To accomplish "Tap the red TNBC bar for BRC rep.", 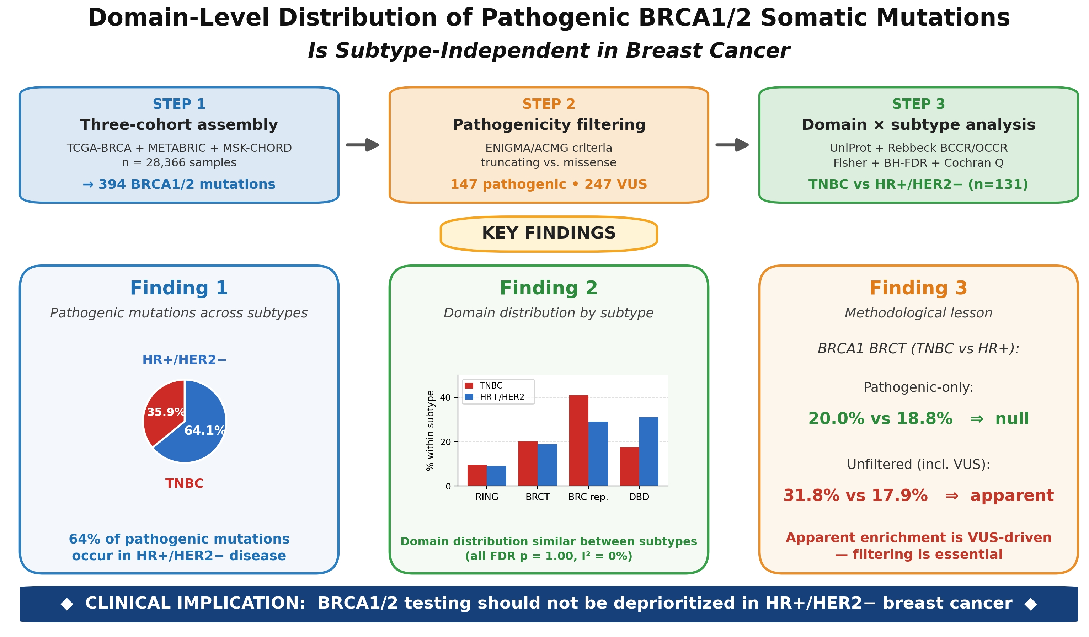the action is (579, 440).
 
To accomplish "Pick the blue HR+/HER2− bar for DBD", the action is (648, 451).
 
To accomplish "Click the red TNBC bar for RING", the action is (477, 475).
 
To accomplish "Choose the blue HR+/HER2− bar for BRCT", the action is (547, 465).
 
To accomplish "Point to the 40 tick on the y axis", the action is (445, 397).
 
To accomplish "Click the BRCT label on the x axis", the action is (538, 497).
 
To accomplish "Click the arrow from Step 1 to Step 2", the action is (363, 145).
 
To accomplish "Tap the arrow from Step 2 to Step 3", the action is (732, 145).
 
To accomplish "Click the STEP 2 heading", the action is (549, 104).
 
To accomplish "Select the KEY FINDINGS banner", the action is (549, 233).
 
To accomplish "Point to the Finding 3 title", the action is (918, 288).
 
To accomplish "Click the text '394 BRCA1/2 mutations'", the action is (187, 184).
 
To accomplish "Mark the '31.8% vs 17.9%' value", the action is (856, 495).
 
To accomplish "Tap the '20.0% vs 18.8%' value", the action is (880, 418).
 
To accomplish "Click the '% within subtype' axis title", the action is (430, 430).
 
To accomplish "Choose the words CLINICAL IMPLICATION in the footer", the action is (195, 603).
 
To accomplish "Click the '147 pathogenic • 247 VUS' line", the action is (549, 184).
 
